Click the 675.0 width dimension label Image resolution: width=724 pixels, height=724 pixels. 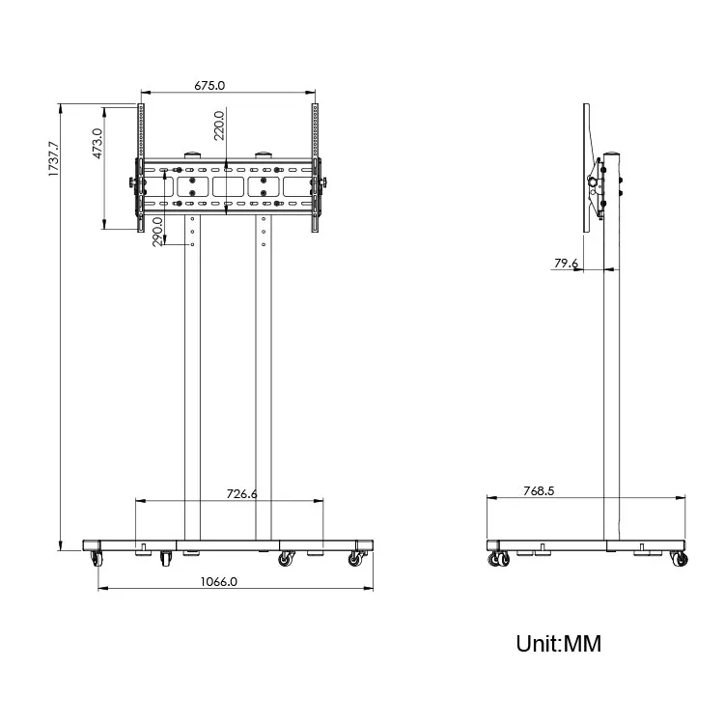click(209, 85)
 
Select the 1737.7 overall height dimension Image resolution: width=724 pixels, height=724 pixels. click(54, 158)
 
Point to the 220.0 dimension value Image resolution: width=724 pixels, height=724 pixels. click(219, 125)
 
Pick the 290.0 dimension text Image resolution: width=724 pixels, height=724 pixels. click(157, 232)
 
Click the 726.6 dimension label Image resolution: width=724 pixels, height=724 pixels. click(241, 493)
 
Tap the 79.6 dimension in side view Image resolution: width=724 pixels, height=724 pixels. click(566, 263)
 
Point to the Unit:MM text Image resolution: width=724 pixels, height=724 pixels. click(558, 643)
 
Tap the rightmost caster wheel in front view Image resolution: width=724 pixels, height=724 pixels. click(356, 558)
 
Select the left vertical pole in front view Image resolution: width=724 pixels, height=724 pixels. click(191, 386)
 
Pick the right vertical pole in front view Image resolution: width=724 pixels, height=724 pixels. click(264, 386)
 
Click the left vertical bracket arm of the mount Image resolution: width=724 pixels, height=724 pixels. click(140, 168)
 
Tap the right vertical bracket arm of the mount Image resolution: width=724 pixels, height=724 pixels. click(315, 168)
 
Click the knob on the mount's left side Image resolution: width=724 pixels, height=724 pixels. click(129, 183)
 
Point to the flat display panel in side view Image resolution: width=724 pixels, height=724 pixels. click(587, 168)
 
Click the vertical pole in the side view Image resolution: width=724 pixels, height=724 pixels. click(611, 386)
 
